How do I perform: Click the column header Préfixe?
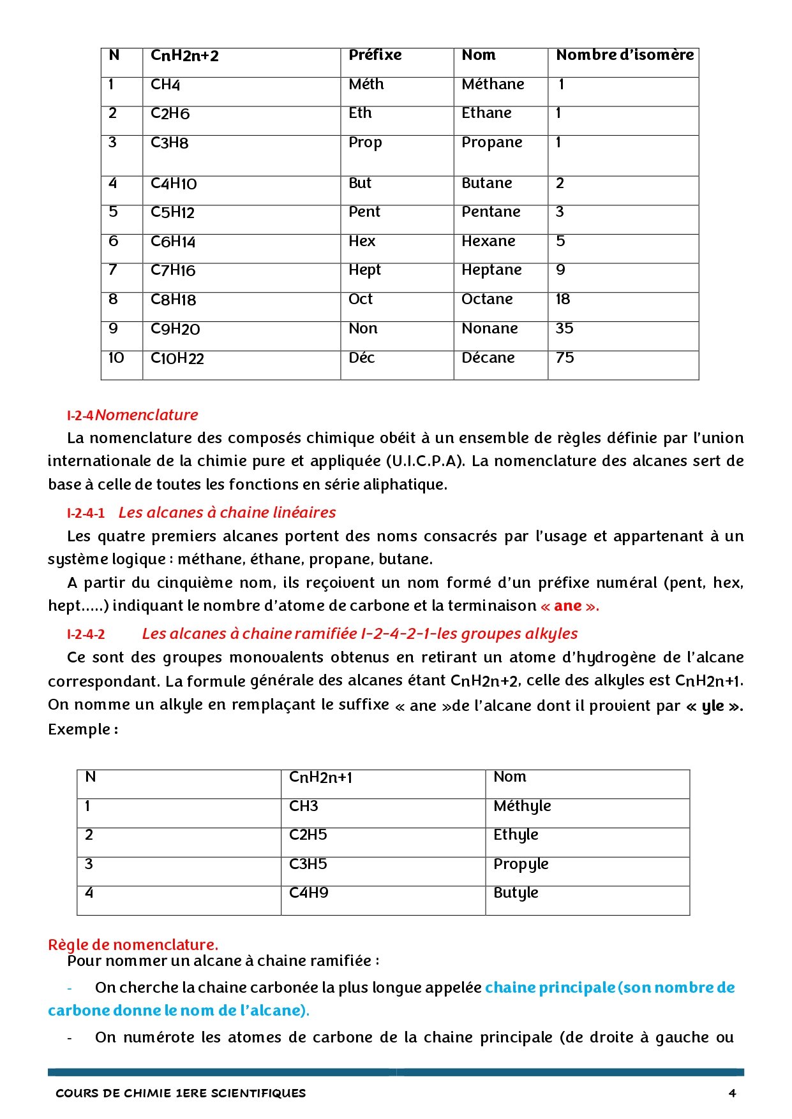pos(375,55)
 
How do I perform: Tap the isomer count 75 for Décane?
pos(565,358)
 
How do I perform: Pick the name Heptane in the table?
pos(491,270)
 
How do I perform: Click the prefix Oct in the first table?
pos(361,299)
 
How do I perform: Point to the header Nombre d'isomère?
pos(624,55)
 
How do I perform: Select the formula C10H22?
pos(177,358)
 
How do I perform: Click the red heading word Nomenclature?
pos(147,415)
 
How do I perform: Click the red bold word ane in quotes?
pos(567,606)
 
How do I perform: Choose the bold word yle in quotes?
pos(713,706)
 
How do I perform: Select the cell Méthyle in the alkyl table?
pos(521,806)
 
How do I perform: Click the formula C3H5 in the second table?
pos(308,864)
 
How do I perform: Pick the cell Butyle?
pos(516,893)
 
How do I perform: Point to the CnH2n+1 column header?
pos(320,777)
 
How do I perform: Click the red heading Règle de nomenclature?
pos(133,944)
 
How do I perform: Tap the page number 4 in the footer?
pos(732,1093)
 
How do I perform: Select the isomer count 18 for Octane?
pos(562,299)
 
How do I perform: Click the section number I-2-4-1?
pos(86,513)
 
